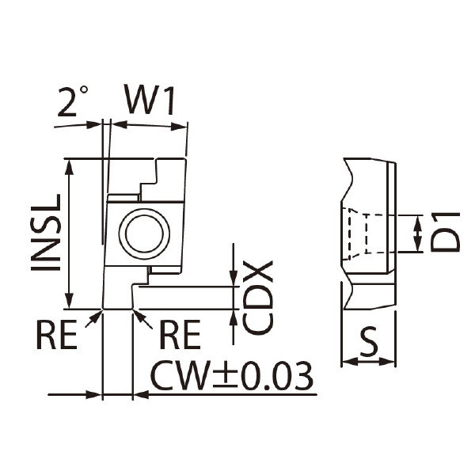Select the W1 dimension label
(x=150, y=100)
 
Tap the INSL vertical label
(x=46, y=232)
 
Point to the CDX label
(x=258, y=298)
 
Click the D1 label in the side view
(x=445, y=232)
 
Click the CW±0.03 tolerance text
(x=231, y=375)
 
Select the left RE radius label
(x=57, y=334)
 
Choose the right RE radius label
(x=180, y=334)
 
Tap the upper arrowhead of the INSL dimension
(x=70, y=166)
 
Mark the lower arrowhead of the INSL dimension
(x=70, y=301)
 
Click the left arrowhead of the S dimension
(x=349, y=362)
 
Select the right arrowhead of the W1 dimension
(x=179, y=127)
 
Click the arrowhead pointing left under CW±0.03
(x=141, y=395)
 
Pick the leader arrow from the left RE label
(x=93, y=318)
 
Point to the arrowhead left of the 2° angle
(x=93, y=124)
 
